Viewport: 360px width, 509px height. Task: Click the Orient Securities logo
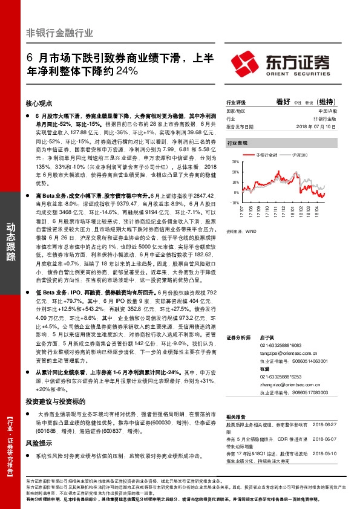pyautogui.click(x=283, y=62)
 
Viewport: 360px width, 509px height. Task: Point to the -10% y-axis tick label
pyautogui.click(x=235, y=203)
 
